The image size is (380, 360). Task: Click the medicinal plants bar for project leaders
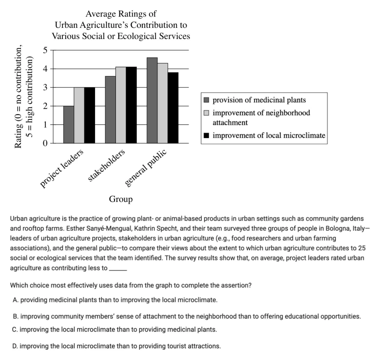click(x=69, y=124)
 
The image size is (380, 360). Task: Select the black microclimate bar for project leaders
click(x=90, y=115)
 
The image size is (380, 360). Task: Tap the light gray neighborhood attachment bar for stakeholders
click(x=121, y=105)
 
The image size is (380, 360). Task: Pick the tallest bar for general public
click(x=152, y=100)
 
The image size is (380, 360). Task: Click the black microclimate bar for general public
click(x=173, y=108)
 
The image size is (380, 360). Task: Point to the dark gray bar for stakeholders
click(x=110, y=110)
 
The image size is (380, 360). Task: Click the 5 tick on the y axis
click(x=45, y=50)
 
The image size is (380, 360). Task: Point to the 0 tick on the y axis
click(x=45, y=143)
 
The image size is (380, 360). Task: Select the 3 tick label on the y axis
click(x=45, y=87)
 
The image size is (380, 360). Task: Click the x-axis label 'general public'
click(x=146, y=168)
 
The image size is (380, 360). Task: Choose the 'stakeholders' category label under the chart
click(x=106, y=165)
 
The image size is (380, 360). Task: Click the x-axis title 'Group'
click(x=121, y=199)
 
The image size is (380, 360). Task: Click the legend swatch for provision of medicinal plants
click(x=207, y=100)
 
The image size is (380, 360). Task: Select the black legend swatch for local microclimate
click(x=207, y=135)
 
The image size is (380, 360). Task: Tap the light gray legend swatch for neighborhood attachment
click(x=207, y=113)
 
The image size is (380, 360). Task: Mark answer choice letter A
click(x=16, y=300)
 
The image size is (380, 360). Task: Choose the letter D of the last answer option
click(x=15, y=346)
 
